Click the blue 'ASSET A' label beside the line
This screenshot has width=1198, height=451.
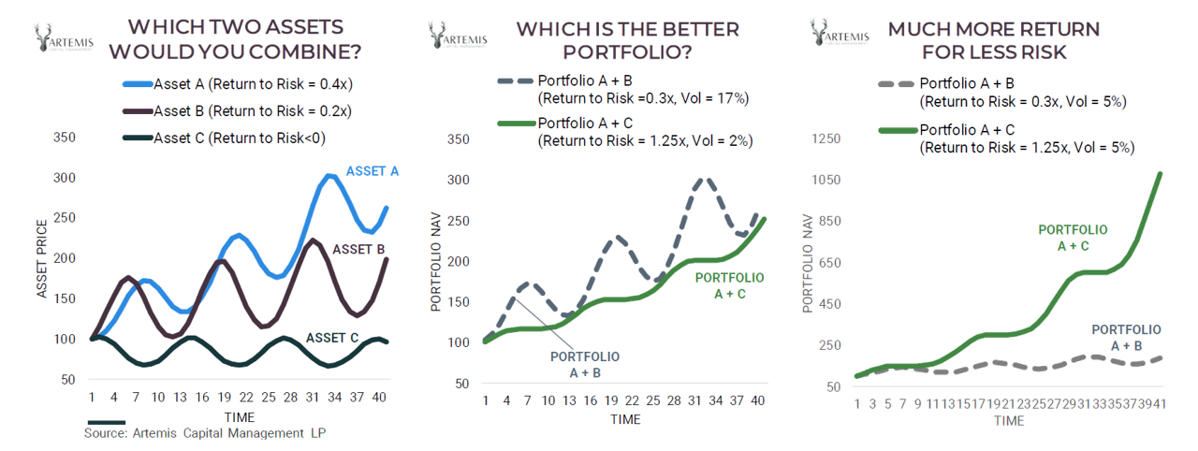point(373,171)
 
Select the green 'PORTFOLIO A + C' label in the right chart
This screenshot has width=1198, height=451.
point(1073,237)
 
